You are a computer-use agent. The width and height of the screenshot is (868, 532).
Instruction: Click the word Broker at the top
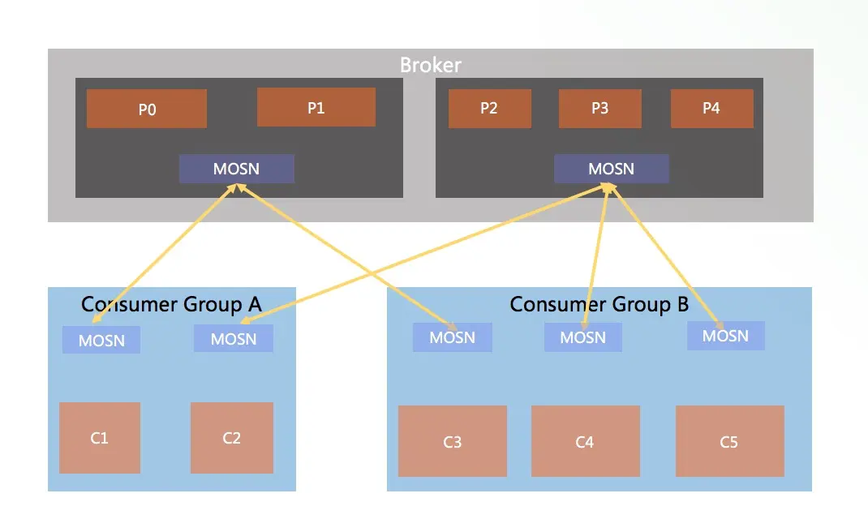pyautogui.click(x=431, y=66)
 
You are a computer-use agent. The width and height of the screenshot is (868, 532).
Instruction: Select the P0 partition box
pyautogui.click(x=147, y=109)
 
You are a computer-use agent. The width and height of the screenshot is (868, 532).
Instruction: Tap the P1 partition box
pyautogui.click(x=316, y=107)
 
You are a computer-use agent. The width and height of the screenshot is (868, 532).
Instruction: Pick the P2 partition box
pyautogui.click(x=489, y=109)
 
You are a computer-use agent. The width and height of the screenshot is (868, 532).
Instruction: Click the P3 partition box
pyautogui.click(x=600, y=109)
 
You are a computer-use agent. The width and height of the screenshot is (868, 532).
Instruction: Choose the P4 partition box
pyautogui.click(x=712, y=109)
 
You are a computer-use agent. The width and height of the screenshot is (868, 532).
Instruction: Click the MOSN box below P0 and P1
pyautogui.click(x=236, y=169)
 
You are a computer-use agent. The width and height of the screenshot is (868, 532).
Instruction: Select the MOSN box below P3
pyautogui.click(x=612, y=169)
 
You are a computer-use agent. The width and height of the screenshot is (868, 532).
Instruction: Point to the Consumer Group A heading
pyautogui.click(x=171, y=304)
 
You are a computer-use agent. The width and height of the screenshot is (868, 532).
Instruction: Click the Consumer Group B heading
pyautogui.click(x=599, y=304)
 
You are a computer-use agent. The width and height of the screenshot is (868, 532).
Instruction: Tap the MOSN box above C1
pyautogui.click(x=101, y=340)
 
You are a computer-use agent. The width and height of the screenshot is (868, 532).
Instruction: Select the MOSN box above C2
pyautogui.click(x=234, y=338)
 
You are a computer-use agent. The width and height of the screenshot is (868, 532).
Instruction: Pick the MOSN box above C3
pyautogui.click(x=453, y=337)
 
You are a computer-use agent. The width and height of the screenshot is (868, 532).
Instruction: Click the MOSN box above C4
pyautogui.click(x=583, y=337)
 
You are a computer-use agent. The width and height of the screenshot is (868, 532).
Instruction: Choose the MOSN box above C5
pyautogui.click(x=726, y=336)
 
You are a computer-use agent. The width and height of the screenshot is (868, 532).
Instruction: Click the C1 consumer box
pyautogui.click(x=100, y=438)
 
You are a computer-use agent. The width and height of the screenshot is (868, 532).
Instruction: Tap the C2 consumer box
pyautogui.click(x=232, y=438)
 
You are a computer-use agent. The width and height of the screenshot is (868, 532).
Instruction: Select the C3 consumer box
pyautogui.click(x=453, y=441)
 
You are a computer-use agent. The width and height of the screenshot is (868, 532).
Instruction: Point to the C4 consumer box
pyautogui.click(x=586, y=441)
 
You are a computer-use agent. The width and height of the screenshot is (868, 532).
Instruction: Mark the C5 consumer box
pyautogui.click(x=730, y=441)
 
